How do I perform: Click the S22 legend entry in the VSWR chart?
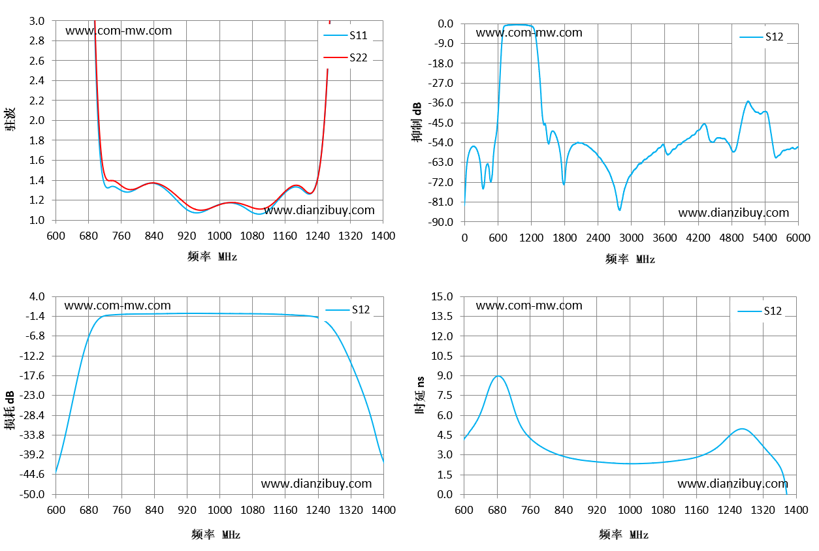click(345, 57)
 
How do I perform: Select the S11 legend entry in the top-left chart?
click(345, 35)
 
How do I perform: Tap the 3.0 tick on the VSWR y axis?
click(37, 21)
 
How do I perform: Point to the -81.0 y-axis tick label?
click(441, 202)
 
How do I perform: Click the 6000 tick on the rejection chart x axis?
click(798, 238)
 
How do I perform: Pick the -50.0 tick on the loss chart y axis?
click(32, 494)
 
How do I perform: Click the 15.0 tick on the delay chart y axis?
click(442, 296)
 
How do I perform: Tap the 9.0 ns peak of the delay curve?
click(498, 376)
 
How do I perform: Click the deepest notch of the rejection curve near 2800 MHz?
click(619, 210)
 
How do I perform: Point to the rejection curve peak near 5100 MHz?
click(748, 101)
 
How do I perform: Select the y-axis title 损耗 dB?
click(10, 410)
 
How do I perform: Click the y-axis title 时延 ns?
click(420, 395)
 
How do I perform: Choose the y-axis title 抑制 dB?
click(417, 122)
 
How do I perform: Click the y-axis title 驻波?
click(10, 119)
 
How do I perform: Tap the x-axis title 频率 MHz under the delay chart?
click(623, 535)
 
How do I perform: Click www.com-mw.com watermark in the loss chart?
click(118, 306)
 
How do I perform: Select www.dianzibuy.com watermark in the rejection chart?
click(733, 213)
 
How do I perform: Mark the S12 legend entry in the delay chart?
click(760, 311)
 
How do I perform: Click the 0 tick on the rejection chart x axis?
click(464, 238)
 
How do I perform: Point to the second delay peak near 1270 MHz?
click(742, 429)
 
